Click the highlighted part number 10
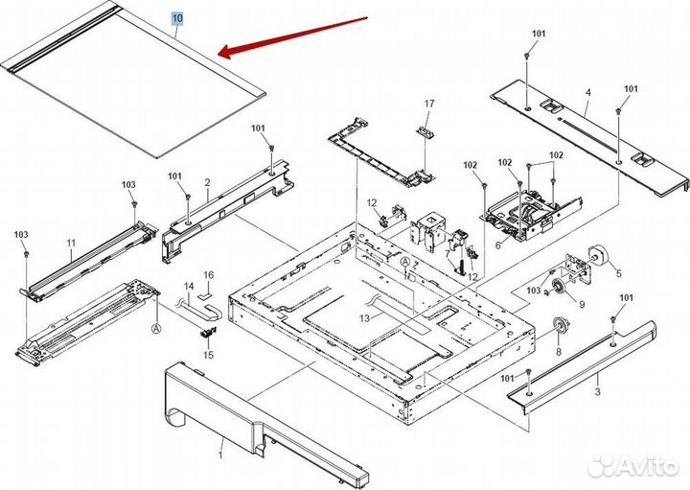[177, 18]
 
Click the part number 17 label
[429, 104]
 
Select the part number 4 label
[587, 93]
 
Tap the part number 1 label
[222, 445]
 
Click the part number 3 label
[597, 392]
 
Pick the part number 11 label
[71, 244]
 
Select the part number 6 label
[497, 245]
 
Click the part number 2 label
[206, 182]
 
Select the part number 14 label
[188, 287]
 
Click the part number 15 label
[207, 355]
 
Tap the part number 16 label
[208, 275]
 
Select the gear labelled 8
[555, 328]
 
